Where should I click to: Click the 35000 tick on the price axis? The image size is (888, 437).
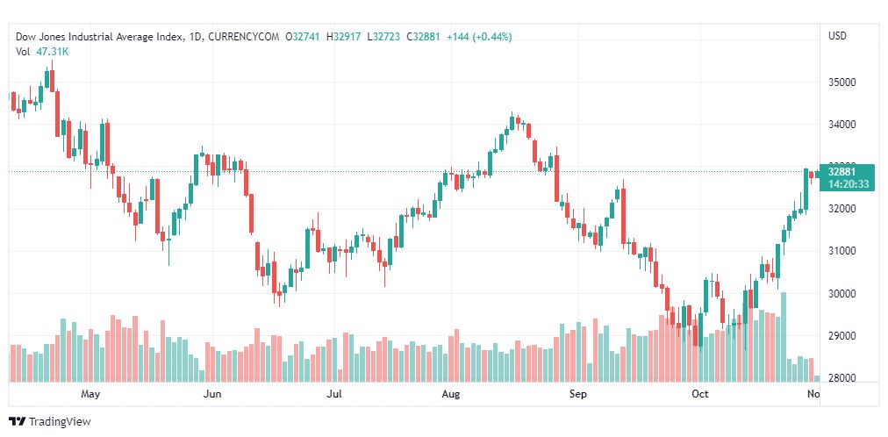pos(841,82)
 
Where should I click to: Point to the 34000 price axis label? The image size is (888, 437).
pos(841,125)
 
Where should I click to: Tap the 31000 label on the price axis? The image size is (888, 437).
pos(841,251)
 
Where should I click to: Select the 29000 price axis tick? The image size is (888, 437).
pos(841,336)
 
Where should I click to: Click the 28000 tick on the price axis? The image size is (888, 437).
pos(841,378)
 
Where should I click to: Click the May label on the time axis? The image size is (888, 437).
pos(90,395)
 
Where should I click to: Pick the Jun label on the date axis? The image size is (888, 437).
pos(211,395)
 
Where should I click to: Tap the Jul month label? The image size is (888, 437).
pos(333,395)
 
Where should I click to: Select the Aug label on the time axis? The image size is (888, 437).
pos(450,395)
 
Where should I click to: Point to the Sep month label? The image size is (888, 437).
pos(577,395)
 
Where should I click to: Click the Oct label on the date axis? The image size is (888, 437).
pos(699,395)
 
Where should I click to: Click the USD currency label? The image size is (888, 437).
pos(837,36)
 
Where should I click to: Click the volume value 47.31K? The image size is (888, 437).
pos(53,52)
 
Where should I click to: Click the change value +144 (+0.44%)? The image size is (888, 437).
pos(479,37)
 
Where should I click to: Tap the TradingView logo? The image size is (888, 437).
pos(50,421)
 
